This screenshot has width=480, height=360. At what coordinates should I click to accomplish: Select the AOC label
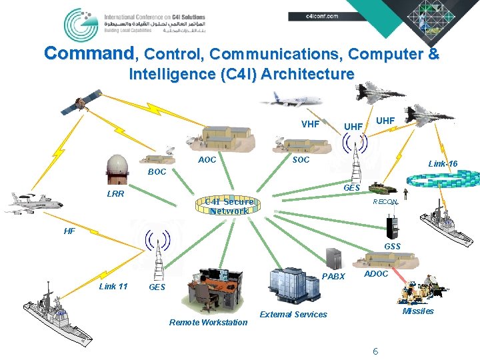tap(207, 161)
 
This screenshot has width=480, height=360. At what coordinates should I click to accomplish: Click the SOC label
tap(301, 161)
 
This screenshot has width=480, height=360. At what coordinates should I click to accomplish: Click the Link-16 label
tap(443, 164)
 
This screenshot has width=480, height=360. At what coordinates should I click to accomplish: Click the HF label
tap(69, 231)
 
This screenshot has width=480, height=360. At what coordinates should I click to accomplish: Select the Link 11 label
tap(113, 287)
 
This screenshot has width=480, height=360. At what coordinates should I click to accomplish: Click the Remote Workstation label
tap(208, 323)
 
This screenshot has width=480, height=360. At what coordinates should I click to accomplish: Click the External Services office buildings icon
tap(290, 286)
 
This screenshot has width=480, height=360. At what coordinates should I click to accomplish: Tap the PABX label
tap(333, 277)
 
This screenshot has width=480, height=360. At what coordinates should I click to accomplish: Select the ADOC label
tap(376, 274)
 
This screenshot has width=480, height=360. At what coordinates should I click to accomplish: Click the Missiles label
tap(418, 311)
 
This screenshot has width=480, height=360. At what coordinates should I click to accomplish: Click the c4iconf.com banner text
tap(322, 15)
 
